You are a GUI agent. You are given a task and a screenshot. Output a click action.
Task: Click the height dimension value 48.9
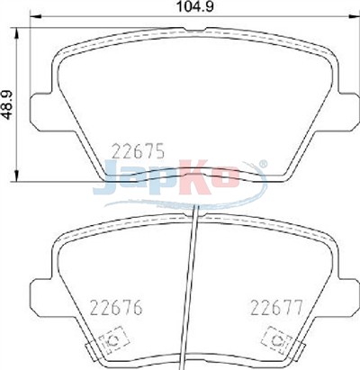[8, 104]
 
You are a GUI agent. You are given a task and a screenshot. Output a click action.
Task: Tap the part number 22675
[138, 151]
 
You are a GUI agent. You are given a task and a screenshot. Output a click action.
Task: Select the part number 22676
[116, 308]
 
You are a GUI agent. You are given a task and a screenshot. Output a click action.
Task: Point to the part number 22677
[276, 308]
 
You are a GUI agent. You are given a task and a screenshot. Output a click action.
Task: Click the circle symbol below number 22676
[113, 340]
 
